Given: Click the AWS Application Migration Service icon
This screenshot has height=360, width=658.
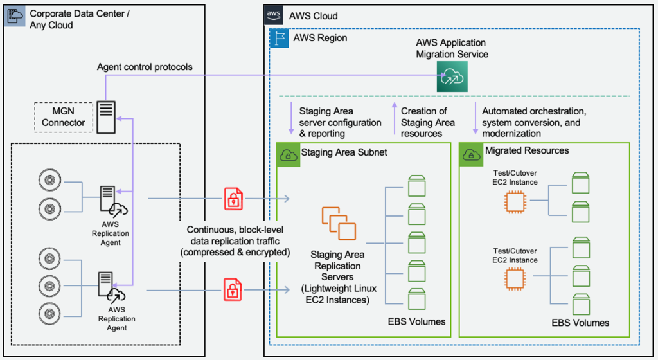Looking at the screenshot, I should coord(452,76).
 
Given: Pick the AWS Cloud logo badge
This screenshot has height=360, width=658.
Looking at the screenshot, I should coord(272,15).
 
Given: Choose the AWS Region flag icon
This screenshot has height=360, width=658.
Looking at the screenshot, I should coord(278,38).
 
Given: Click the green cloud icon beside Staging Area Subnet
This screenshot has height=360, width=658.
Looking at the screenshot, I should coord(287,154).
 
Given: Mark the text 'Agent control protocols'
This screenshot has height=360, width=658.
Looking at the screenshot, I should coord(145,67).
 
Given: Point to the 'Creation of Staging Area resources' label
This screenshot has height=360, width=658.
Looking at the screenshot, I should coord(427,122).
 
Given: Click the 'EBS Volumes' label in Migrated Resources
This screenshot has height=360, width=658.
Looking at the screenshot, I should coord(580,323).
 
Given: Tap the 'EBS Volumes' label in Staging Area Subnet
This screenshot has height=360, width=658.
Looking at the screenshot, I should coord(416,321).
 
